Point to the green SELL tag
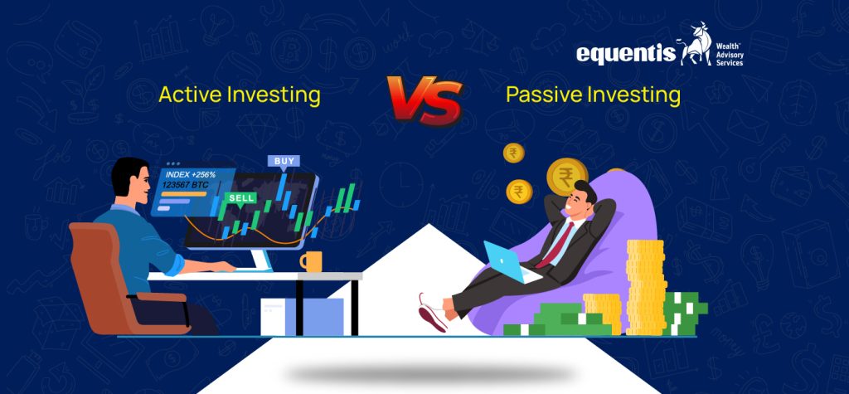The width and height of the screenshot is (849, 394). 240,198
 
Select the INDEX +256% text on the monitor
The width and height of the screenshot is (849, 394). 193,174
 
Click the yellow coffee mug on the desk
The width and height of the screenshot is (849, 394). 311,261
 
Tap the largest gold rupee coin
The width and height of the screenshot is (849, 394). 566,176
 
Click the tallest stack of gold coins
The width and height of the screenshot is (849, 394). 645,286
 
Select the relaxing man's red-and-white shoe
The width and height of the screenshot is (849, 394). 431,313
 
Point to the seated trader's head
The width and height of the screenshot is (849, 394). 130,182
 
